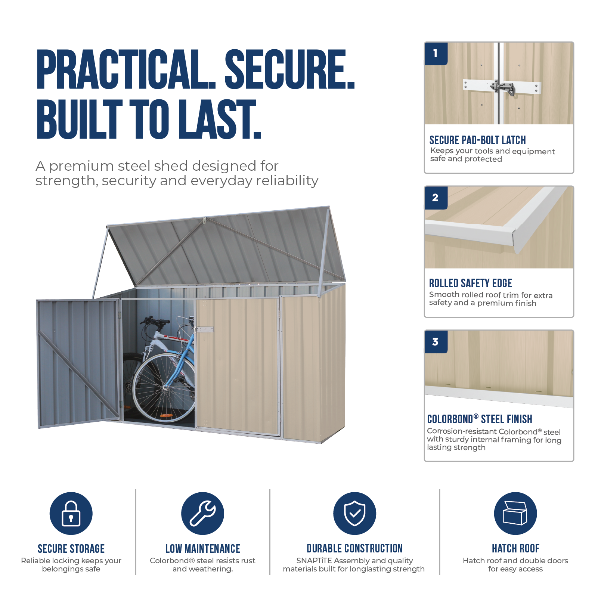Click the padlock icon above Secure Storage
pyautogui.click(x=71, y=513)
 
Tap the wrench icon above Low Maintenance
pyautogui.click(x=202, y=513)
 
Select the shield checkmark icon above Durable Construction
pyautogui.click(x=354, y=513)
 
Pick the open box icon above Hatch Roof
pyautogui.click(x=515, y=513)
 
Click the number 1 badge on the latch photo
pyautogui.click(x=436, y=53)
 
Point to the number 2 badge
pyautogui.click(x=436, y=198)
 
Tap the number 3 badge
pyautogui.click(x=436, y=342)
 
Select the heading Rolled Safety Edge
pyautogui.click(x=470, y=283)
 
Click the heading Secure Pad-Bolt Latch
pyautogui.click(x=477, y=140)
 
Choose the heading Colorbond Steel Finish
pyautogui.click(x=480, y=419)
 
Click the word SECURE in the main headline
pyautogui.click(x=289, y=69)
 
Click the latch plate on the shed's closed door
pyautogui.click(x=205, y=330)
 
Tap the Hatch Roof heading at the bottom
pyautogui.click(x=515, y=548)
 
